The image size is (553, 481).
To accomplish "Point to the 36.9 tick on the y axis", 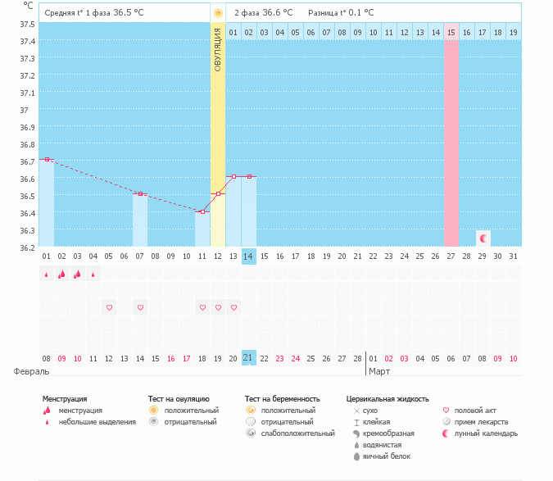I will [x=27, y=127].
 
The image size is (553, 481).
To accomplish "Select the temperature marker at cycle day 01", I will [x=47, y=159].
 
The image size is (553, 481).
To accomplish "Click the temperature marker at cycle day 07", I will [x=140, y=193].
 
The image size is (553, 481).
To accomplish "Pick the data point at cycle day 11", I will [x=202, y=211].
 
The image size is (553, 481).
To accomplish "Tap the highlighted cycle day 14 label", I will [x=249, y=256].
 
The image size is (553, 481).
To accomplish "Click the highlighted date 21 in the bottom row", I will [x=249, y=358].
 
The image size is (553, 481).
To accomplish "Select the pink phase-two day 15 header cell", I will [x=451, y=32].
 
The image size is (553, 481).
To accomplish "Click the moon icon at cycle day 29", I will [x=483, y=238].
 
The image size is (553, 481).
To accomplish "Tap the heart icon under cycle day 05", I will [x=109, y=307].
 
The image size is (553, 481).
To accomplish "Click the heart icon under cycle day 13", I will [x=233, y=307].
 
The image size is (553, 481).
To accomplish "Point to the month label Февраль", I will [x=28, y=371].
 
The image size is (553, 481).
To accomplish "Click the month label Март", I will [x=379, y=371].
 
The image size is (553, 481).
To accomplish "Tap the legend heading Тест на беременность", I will [x=282, y=398].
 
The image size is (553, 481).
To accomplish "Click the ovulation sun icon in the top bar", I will [x=218, y=13].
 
